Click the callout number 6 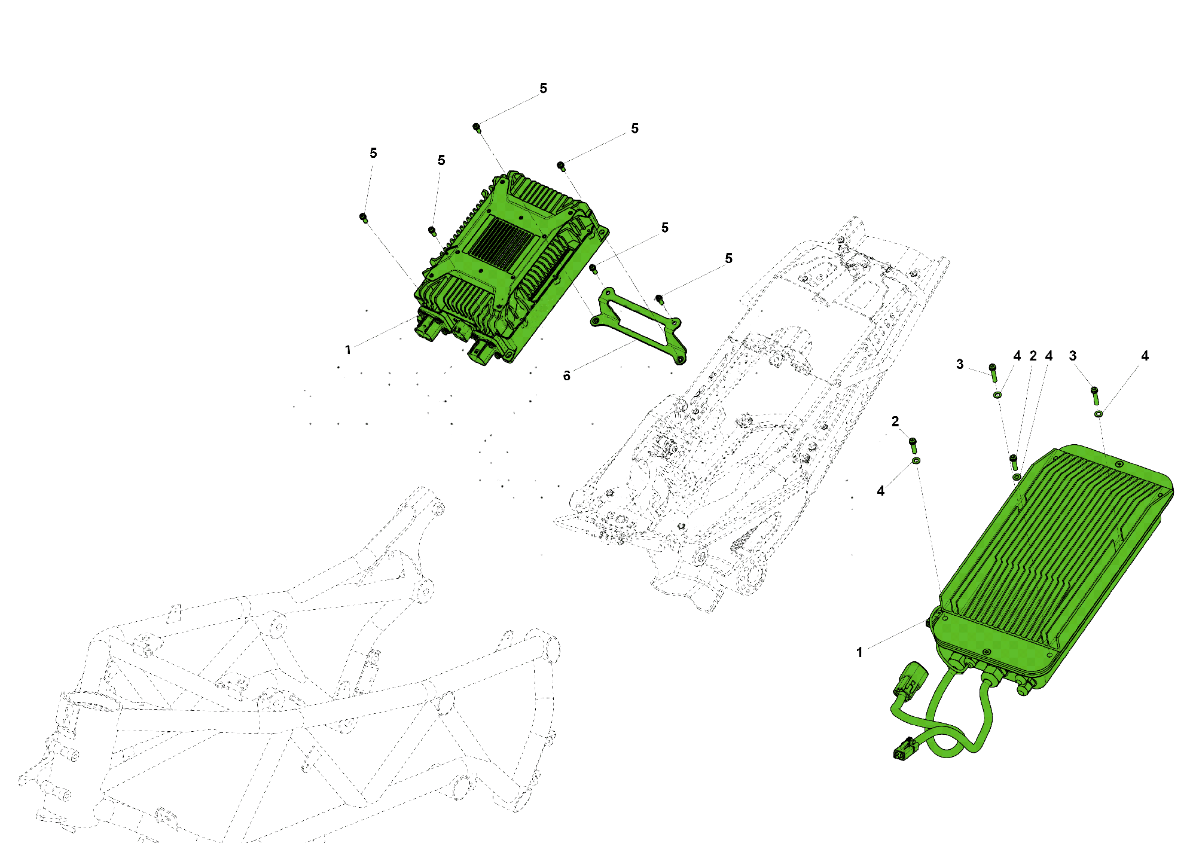[x=566, y=375]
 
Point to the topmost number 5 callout [x=543, y=88]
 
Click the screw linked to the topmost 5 [x=477, y=127]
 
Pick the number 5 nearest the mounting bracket [x=728, y=258]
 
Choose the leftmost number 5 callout [x=373, y=153]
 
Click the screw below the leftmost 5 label [x=363, y=217]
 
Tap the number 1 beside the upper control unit [x=348, y=350]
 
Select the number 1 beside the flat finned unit [x=859, y=652]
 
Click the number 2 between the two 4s [x=1033, y=356]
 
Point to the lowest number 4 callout [x=880, y=491]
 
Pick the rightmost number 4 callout [x=1145, y=356]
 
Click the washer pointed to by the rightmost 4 [x=1099, y=414]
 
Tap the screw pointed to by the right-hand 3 [x=1094, y=394]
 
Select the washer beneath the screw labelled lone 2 [x=916, y=461]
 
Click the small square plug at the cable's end [x=903, y=751]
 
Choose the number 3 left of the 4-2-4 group [x=960, y=364]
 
